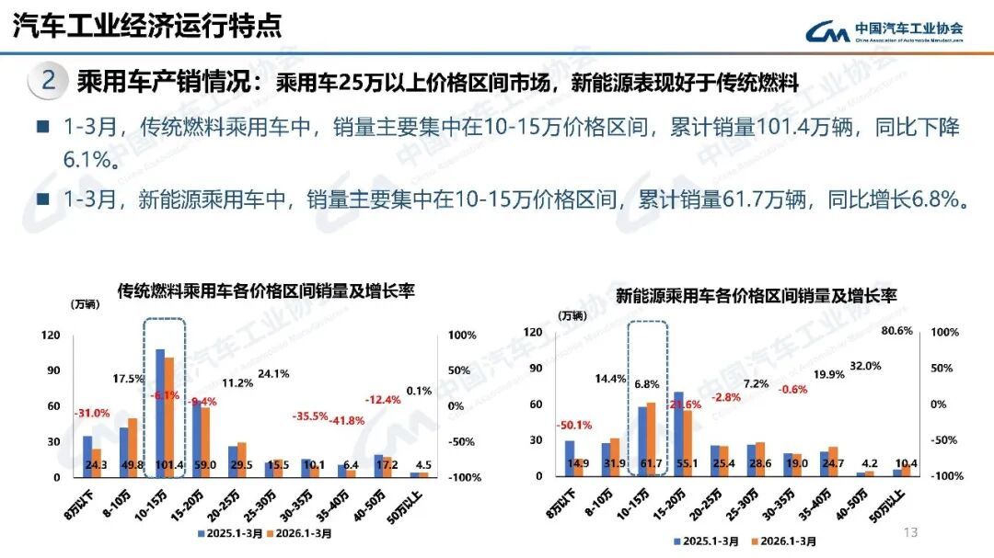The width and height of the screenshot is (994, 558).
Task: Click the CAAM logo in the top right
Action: pyautogui.click(x=884, y=31)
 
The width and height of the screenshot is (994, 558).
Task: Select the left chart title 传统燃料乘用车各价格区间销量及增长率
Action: pyautogui.click(x=265, y=291)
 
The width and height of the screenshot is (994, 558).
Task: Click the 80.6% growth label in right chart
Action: pyautogui.click(x=896, y=331)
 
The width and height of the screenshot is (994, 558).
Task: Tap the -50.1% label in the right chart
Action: pyautogui.click(x=572, y=425)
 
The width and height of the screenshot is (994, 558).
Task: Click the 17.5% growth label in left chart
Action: pyautogui.click(x=129, y=379)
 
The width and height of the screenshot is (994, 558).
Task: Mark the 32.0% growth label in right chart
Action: pyautogui.click(x=864, y=365)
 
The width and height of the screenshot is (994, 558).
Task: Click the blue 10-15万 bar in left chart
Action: pyautogui.click(x=159, y=409)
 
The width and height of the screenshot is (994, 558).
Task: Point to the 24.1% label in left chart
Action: pyautogui.click(x=273, y=374)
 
